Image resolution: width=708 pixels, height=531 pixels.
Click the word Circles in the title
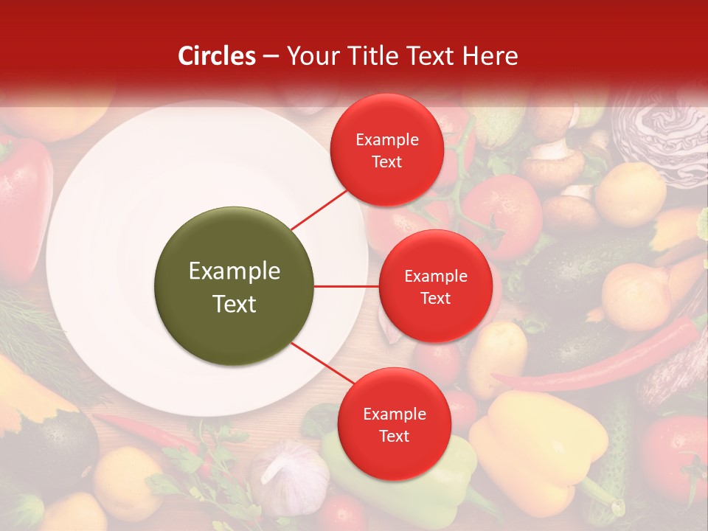tap(217, 56)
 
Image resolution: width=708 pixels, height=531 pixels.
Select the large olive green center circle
tap(234, 286)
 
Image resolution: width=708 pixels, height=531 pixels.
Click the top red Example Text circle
tap(387, 150)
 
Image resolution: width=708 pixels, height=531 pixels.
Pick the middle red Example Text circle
tap(435, 286)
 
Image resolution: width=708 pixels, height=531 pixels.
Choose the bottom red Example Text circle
tap(394, 424)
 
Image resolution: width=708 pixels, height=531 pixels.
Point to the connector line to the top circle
tap(319, 210)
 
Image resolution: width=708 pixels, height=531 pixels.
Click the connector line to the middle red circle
tap(346, 286)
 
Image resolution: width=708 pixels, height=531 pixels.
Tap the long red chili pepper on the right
tap(605, 361)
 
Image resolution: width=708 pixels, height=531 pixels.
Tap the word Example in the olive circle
tap(234, 271)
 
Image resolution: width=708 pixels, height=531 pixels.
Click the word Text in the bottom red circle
tap(394, 436)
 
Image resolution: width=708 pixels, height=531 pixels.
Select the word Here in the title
tap(493, 56)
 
